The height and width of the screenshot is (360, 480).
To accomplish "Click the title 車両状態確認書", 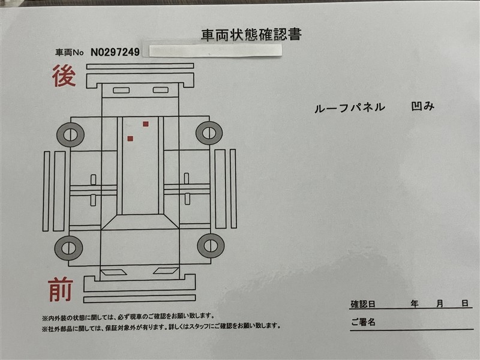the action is [x=251, y=35].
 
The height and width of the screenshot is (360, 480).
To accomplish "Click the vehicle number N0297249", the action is [x=115, y=52].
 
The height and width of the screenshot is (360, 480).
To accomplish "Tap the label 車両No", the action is [x=69, y=53].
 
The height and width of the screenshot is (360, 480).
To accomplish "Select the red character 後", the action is [x=64, y=76].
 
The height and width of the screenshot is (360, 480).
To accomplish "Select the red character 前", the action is [x=61, y=289].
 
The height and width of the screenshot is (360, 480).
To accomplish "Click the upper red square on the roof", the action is [x=146, y=124].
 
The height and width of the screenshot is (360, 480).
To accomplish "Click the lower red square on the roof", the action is [x=130, y=139].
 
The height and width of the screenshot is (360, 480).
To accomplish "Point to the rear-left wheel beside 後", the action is [x=70, y=134].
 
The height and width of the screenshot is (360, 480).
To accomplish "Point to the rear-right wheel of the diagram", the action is [x=209, y=133].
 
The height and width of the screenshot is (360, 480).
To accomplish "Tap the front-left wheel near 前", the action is [x=68, y=248].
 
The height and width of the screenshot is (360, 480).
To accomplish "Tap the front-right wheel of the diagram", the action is [x=211, y=246].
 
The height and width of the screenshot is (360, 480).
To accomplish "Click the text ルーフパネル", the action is [x=350, y=108].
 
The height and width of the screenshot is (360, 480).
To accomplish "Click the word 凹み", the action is [x=422, y=106].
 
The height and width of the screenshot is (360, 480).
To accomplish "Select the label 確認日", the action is [x=363, y=304].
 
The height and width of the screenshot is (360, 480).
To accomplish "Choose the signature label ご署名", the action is [x=363, y=322].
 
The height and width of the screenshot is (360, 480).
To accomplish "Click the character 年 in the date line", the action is [x=415, y=304].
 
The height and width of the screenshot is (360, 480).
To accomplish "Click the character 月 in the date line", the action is [x=440, y=304].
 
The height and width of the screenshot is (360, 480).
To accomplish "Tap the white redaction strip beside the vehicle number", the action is [x=215, y=50].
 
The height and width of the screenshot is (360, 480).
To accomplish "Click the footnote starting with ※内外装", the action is [x=128, y=317].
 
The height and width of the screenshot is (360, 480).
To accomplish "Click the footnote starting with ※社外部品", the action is [x=161, y=326].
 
